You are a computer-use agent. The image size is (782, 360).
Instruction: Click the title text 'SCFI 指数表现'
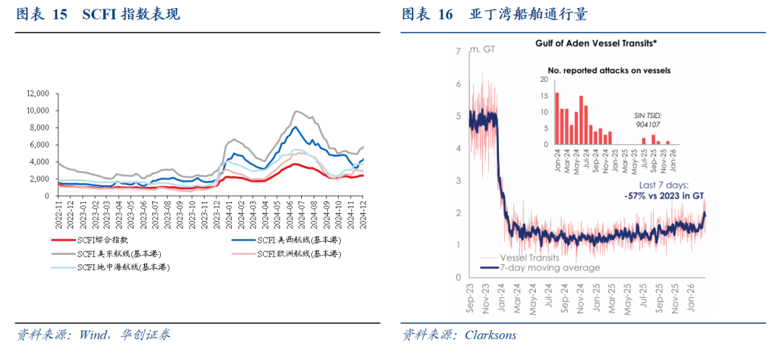[x=131, y=14]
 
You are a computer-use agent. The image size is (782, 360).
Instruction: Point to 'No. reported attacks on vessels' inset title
[x=609, y=70]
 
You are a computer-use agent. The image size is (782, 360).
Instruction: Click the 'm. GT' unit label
[x=482, y=49]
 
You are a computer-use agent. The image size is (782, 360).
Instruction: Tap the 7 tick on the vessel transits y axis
[x=458, y=51]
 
